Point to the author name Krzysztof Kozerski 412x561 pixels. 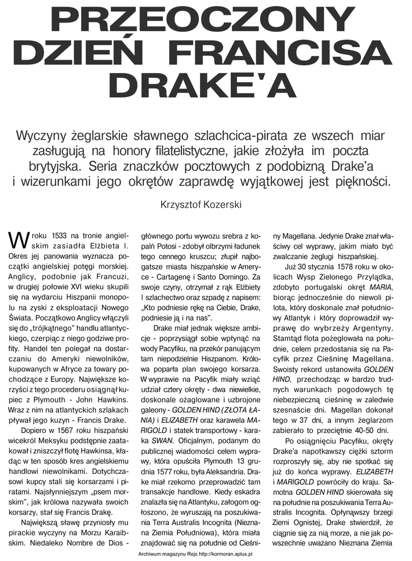202,206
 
